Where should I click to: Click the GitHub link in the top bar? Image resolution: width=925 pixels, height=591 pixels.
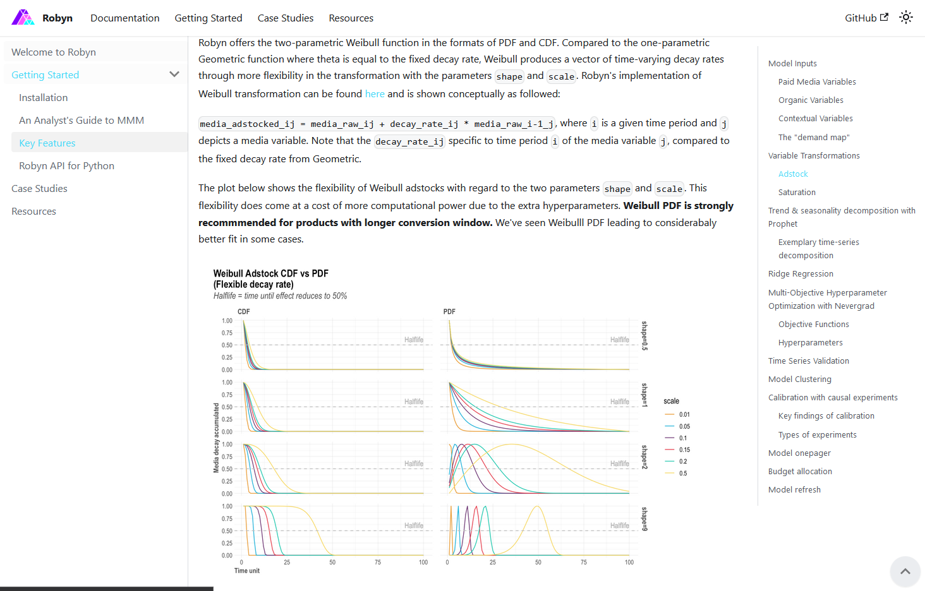coord(866,18)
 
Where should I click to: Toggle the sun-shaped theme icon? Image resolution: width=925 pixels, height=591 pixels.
coord(906,18)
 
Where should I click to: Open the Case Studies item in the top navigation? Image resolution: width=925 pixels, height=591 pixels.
coord(285,18)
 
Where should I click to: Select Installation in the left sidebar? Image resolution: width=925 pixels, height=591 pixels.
coord(43,97)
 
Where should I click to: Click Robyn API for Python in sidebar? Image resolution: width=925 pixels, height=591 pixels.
coord(66,165)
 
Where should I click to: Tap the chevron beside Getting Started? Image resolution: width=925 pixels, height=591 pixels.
coord(174,75)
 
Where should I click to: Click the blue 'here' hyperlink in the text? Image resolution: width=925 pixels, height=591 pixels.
coord(375,93)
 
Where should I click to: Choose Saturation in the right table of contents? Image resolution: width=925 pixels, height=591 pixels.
coord(797,192)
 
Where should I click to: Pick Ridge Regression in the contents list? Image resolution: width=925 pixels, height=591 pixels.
coord(801,273)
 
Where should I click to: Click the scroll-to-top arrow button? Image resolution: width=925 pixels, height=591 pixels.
coord(905,571)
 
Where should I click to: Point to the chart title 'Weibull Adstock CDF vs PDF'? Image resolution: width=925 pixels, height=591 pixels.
coord(270,273)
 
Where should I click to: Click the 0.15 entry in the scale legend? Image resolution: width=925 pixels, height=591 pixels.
coord(684,450)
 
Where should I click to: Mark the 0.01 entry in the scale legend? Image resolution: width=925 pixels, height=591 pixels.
coord(684,414)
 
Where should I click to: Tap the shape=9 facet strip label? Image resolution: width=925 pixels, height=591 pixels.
coord(644,519)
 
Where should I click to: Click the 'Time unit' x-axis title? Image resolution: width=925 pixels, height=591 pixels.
coord(247,571)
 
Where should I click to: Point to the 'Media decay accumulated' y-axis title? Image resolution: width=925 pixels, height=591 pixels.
coord(216,438)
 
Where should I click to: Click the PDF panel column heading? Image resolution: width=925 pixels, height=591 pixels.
coord(449,311)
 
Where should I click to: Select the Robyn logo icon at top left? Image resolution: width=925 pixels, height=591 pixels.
coord(23,18)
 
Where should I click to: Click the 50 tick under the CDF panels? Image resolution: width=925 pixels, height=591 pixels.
coord(332,562)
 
